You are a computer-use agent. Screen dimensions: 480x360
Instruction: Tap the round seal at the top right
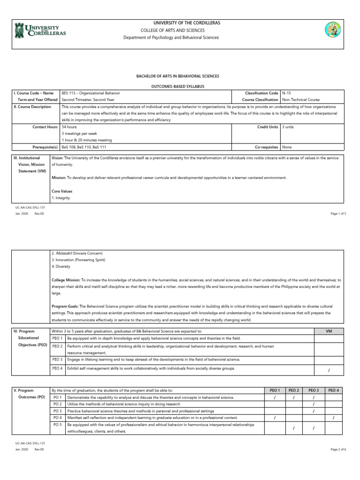[x=332, y=30]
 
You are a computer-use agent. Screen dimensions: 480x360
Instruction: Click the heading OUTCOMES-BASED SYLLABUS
[x=178, y=86]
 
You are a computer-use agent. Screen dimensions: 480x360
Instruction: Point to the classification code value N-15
[x=286, y=93]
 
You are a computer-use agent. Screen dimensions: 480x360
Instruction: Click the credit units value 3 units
[x=288, y=127]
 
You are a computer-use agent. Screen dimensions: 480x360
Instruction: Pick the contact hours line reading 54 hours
[x=69, y=127]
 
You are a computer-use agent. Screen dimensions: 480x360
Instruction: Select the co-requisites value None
[x=286, y=147]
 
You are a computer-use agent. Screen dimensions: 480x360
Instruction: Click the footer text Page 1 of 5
[x=338, y=213]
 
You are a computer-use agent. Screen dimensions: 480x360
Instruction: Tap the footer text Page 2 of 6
[x=338, y=449]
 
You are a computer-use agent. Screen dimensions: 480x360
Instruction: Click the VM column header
[x=329, y=331]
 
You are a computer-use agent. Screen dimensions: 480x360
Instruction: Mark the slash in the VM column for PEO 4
[x=329, y=370]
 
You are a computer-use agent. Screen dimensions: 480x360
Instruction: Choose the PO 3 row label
[x=57, y=411]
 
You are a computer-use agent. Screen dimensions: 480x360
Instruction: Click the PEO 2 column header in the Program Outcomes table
[x=293, y=390]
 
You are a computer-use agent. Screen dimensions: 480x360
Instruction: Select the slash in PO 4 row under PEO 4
[x=333, y=417]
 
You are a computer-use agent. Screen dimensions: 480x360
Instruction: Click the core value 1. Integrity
[x=60, y=198]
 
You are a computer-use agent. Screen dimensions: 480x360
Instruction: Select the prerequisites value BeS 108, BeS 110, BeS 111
[x=81, y=147]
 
